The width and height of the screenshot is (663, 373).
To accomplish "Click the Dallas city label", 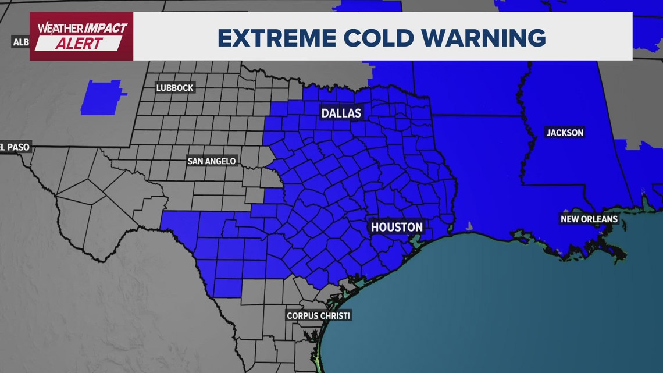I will click(x=341, y=113).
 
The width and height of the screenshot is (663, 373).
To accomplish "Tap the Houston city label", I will click(x=397, y=227).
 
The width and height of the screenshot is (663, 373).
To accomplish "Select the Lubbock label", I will click(x=174, y=88).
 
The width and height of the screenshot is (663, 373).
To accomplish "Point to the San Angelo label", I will click(x=212, y=161).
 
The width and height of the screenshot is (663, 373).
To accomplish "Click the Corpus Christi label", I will click(x=319, y=316).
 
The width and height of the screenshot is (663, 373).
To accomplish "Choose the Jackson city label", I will click(x=565, y=133).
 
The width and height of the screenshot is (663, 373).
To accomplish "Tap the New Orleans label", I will click(x=589, y=219).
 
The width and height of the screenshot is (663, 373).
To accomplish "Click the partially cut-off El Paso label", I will click(x=14, y=147).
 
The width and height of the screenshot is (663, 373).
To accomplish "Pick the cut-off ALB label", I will click(x=21, y=42).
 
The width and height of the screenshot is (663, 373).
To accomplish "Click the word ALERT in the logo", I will click(x=80, y=44).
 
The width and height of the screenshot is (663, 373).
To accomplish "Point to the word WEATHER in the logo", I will click(x=56, y=28).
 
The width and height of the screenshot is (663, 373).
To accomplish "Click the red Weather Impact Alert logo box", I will click(x=81, y=36).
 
